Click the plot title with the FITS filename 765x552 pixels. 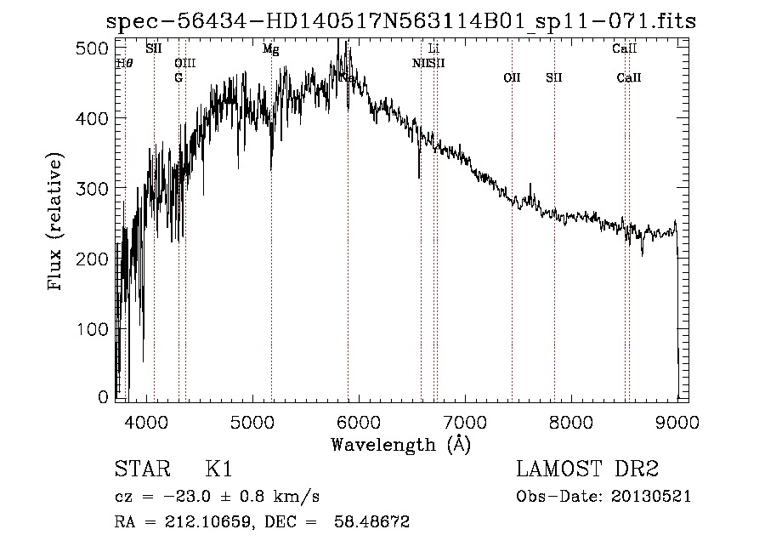click(400, 22)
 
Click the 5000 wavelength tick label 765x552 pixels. click(252, 421)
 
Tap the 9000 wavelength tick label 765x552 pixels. click(677, 421)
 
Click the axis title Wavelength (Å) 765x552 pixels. click(400, 444)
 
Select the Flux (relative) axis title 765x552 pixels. click(57, 223)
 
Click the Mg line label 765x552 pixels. click(270, 49)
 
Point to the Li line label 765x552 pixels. click(433, 49)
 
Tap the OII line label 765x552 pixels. click(512, 77)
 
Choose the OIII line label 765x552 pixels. click(184, 63)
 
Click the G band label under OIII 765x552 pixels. click(178, 77)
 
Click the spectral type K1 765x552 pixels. click(219, 469)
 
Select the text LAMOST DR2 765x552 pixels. click(587, 469)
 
